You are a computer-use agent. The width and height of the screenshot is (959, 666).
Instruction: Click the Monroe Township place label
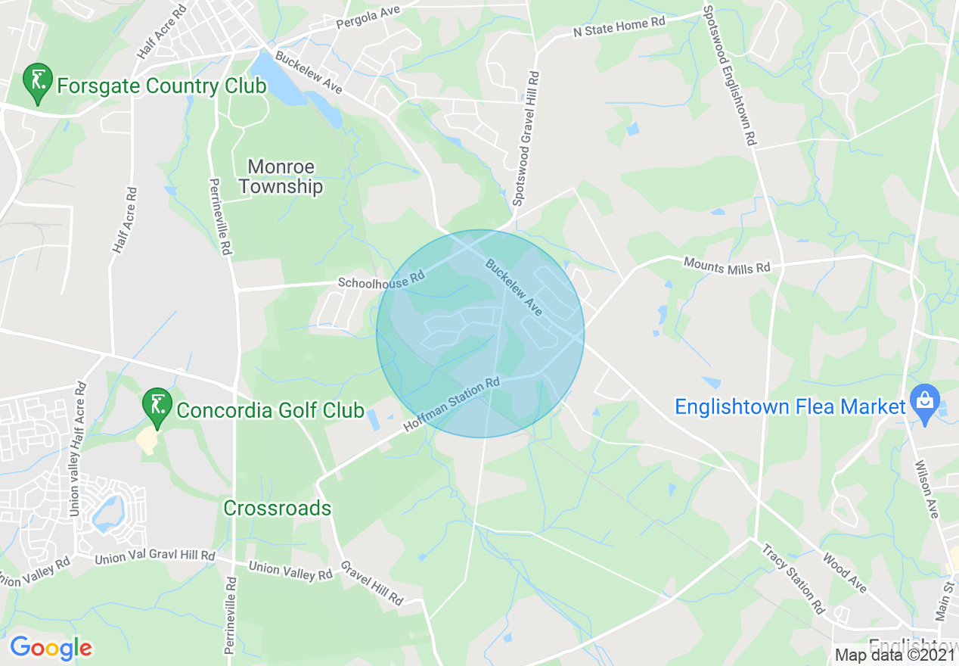[281, 176]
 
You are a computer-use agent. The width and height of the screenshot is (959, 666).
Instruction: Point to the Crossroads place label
[277, 508]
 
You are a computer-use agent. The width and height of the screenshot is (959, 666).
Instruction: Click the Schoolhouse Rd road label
[381, 280]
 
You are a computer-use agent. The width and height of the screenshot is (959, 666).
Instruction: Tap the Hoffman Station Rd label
[452, 404]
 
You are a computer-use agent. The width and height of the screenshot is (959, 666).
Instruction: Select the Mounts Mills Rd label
[726, 265]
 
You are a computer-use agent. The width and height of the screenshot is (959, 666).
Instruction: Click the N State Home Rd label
[619, 27]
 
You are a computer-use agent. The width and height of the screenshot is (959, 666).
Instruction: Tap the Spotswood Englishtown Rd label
[729, 76]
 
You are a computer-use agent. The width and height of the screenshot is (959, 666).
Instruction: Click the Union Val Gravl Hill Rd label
[154, 557]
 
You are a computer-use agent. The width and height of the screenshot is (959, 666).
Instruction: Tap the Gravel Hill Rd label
[371, 582]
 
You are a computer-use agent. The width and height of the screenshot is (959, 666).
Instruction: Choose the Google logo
[51, 648]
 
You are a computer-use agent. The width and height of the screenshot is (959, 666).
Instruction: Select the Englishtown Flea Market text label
[790, 407]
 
